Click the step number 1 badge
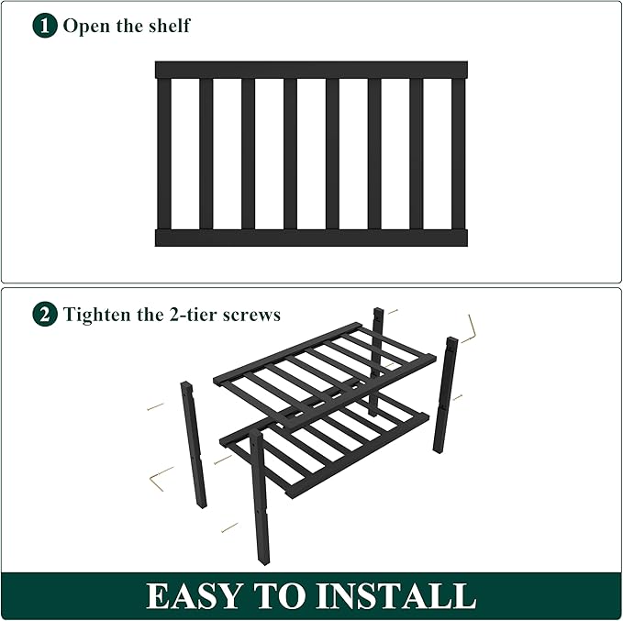45,25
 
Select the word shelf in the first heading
167,25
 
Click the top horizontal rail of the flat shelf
311,70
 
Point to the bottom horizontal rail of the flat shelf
311,238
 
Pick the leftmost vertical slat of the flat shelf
164,153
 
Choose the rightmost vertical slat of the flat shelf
458,153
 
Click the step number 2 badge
45,315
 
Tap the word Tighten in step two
98,315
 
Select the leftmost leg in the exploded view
194,444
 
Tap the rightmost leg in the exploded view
446,394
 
